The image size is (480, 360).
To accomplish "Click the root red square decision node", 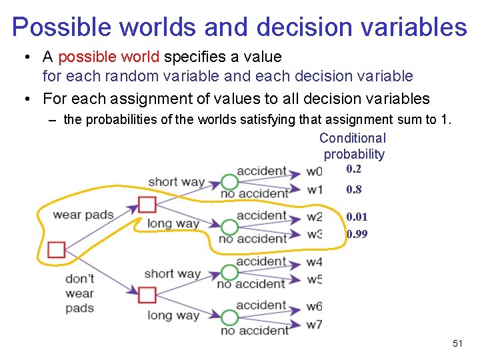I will (x=57, y=250).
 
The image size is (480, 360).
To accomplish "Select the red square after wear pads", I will (x=147, y=204).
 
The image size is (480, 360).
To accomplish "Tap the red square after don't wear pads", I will (x=147, y=294).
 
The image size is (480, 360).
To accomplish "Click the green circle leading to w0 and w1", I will (x=229, y=182).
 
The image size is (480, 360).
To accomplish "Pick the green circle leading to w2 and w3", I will (x=229, y=227).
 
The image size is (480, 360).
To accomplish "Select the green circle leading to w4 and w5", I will (x=229, y=273).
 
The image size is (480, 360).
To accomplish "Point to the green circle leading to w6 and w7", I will (x=229, y=318).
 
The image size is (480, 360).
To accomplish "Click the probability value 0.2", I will (x=353, y=169).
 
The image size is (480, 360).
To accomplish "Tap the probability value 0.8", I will (x=353, y=189).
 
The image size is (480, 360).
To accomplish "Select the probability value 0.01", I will (x=357, y=217).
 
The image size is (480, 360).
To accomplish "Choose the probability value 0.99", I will (x=357, y=234).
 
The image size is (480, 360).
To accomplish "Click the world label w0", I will (x=314, y=171).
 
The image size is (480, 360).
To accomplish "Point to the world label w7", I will (x=314, y=325).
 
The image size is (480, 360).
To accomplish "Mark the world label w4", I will (x=314, y=262).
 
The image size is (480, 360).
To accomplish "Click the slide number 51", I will (x=457, y=343).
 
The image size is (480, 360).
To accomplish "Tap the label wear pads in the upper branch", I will (x=83, y=215).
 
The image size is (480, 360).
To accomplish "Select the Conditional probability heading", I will (x=353, y=146).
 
